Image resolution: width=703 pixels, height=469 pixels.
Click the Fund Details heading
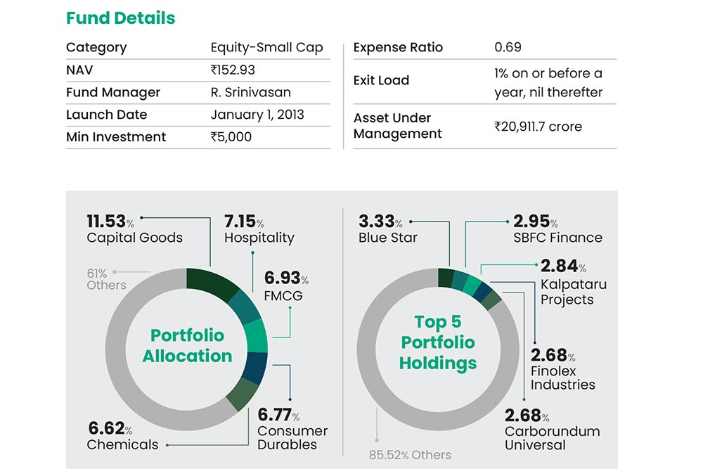click(x=120, y=18)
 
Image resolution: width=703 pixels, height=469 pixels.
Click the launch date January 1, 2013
click(x=257, y=115)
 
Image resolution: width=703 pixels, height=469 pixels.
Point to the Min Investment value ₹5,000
click(x=231, y=137)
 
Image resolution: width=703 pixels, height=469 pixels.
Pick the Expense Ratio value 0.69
click(x=508, y=48)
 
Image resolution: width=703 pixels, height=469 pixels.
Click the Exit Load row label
click(x=381, y=81)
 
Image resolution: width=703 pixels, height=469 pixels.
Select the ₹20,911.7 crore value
click(x=538, y=127)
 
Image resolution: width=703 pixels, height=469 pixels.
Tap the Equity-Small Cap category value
click(x=266, y=48)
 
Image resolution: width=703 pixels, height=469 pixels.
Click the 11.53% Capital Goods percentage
click(x=111, y=221)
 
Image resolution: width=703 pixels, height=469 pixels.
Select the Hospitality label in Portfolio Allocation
click(x=259, y=238)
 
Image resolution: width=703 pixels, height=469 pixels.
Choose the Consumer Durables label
click(x=292, y=437)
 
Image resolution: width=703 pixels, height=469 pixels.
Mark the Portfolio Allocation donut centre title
click(x=187, y=346)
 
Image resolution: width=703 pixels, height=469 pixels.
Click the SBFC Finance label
click(x=557, y=238)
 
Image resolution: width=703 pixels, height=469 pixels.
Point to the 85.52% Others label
click(x=410, y=454)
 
